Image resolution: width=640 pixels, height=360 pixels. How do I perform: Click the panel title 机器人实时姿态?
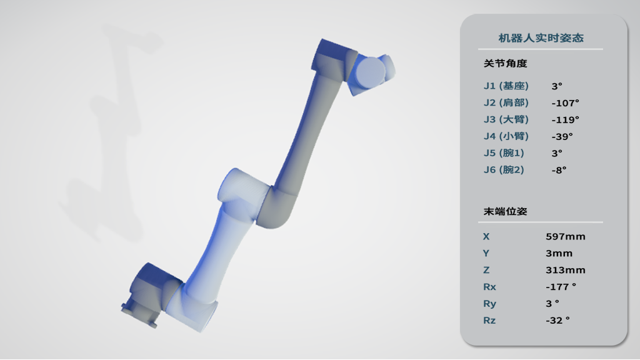[x=541, y=38]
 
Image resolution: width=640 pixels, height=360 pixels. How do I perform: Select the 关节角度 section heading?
[x=505, y=63]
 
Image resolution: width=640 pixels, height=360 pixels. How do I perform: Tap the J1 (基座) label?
[x=506, y=86]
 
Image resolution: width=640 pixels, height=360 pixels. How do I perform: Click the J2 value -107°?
[x=565, y=103]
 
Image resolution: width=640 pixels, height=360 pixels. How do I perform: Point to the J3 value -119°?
[x=565, y=120]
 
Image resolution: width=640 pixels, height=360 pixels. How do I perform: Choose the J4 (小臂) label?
[x=506, y=136]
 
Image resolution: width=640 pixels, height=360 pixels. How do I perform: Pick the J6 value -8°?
[x=559, y=170]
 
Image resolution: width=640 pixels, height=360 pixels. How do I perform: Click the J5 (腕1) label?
[x=504, y=153]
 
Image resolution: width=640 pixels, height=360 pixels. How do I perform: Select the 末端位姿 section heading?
[x=505, y=211]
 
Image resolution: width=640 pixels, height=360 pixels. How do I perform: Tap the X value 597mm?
[x=565, y=237]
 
